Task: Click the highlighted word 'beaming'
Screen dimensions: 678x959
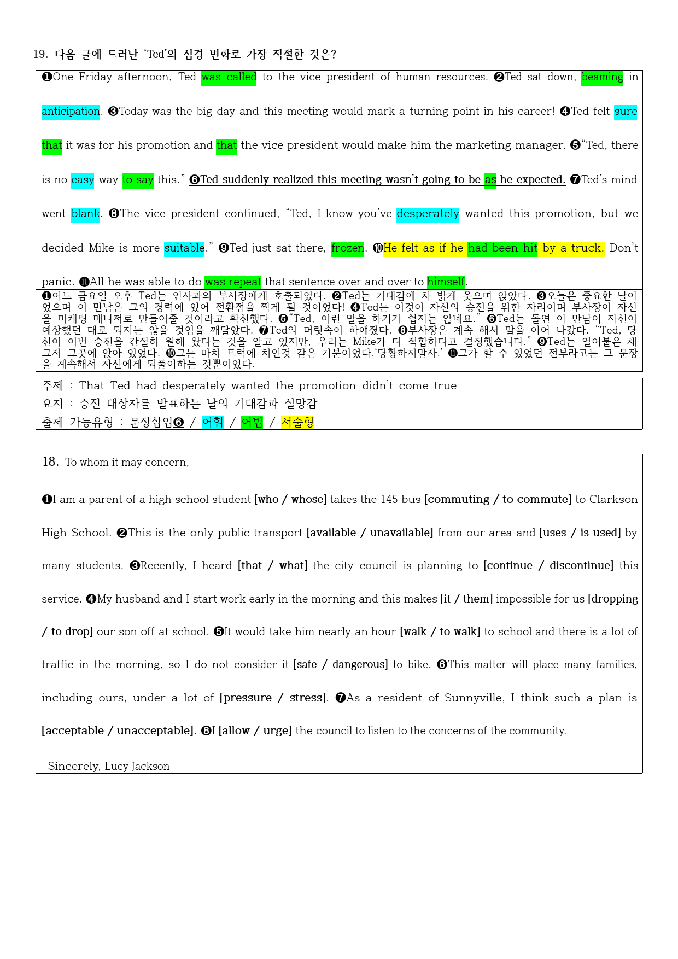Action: pos(602,77)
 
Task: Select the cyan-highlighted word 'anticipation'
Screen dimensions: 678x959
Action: pos(71,112)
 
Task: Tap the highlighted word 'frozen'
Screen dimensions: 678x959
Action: pos(348,248)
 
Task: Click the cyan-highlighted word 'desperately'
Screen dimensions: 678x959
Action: pos(428,214)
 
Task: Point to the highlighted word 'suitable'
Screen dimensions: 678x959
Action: pos(184,248)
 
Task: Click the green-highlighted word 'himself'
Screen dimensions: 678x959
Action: pos(446,282)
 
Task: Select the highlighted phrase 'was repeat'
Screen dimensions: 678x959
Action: pos(233,282)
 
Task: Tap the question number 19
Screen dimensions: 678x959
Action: pos(40,54)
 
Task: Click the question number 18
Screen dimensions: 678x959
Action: pos(50,462)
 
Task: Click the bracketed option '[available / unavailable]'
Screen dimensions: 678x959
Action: pos(370,533)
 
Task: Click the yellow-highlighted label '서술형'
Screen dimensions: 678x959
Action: pos(297,422)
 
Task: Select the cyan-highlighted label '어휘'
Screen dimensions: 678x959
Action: pos(213,422)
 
